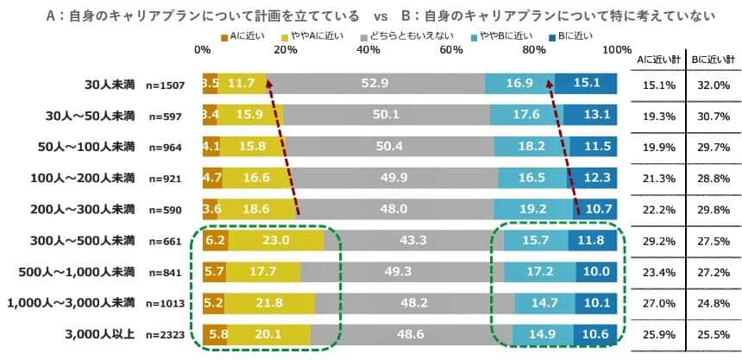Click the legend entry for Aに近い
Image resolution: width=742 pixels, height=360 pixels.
click(x=242, y=35)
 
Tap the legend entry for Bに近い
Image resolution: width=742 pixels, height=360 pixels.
click(x=574, y=35)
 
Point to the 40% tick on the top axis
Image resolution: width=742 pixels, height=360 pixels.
click(x=368, y=50)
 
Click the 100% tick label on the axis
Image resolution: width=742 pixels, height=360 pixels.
click(x=617, y=50)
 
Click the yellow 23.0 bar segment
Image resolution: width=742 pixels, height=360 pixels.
click(x=276, y=241)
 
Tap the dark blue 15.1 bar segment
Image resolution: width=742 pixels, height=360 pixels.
click(x=586, y=84)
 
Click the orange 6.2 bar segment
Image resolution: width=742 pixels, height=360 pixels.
click(x=215, y=241)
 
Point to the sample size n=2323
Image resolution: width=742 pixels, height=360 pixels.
click(x=169, y=335)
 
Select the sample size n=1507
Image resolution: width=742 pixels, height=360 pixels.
click(x=169, y=85)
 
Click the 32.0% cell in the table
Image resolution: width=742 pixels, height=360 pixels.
click(x=714, y=85)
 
